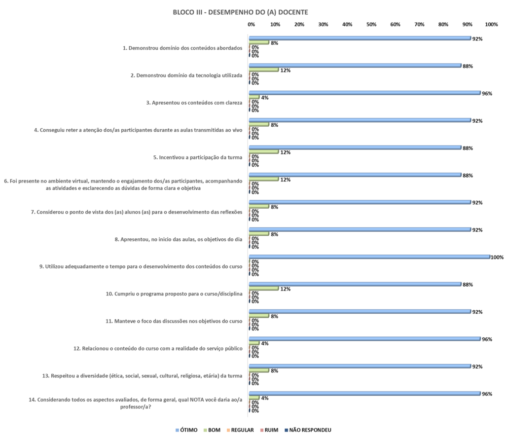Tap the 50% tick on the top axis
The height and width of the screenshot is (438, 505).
pos(371,24)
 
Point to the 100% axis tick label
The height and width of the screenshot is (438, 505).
pos(491,24)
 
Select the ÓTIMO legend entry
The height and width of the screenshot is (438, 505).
pos(187,430)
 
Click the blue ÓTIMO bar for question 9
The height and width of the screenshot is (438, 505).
pos(370,257)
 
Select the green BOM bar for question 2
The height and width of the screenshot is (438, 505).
pos(264,70)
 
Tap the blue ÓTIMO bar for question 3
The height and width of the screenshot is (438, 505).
pos(365,93)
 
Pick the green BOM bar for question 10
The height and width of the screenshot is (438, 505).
pos(264,289)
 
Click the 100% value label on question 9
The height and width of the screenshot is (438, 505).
pos(497,257)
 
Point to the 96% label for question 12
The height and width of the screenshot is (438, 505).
pos(487,339)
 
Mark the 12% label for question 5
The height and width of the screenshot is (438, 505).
pos(285,152)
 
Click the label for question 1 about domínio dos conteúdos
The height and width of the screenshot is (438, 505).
pos(182,48)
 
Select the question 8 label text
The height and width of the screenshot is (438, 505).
pos(178,239)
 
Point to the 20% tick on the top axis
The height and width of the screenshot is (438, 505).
pos(299,24)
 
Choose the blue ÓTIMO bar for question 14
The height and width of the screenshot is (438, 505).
pos(365,394)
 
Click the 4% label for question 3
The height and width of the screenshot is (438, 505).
pos(264,98)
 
